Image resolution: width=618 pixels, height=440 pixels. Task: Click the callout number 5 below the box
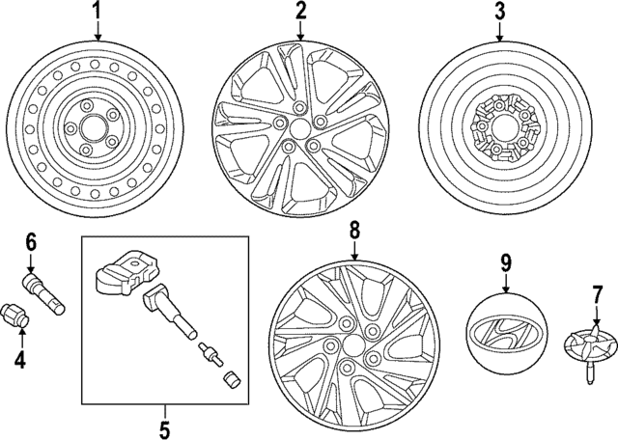(163, 426)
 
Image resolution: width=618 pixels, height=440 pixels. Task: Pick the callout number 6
(30, 240)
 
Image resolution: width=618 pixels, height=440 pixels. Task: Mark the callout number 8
(354, 232)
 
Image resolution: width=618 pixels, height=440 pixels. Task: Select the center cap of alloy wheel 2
(300, 126)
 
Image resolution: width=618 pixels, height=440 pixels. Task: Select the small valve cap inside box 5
(229, 378)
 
